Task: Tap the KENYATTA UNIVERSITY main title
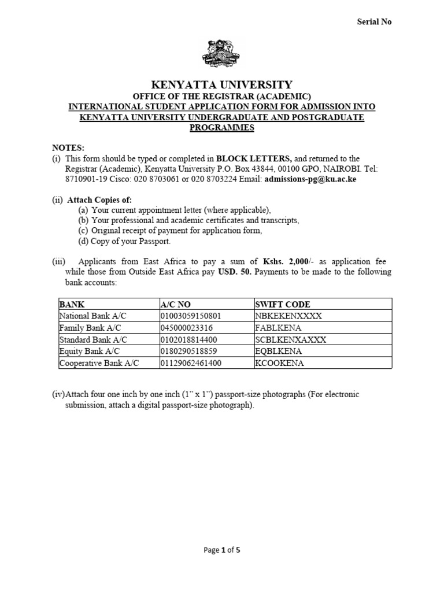pyautogui.click(x=222, y=84)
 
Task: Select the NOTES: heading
pyautogui.click(x=68, y=147)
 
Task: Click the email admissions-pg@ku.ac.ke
pyautogui.click(x=309, y=179)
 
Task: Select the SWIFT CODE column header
pyautogui.click(x=282, y=304)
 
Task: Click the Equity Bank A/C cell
pyautogui.click(x=87, y=351)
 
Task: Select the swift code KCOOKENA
pyautogui.click(x=279, y=363)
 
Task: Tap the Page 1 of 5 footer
pyautogui.click(x=222, y=550)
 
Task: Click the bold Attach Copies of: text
pyautogui.click(x=99, y=200)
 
